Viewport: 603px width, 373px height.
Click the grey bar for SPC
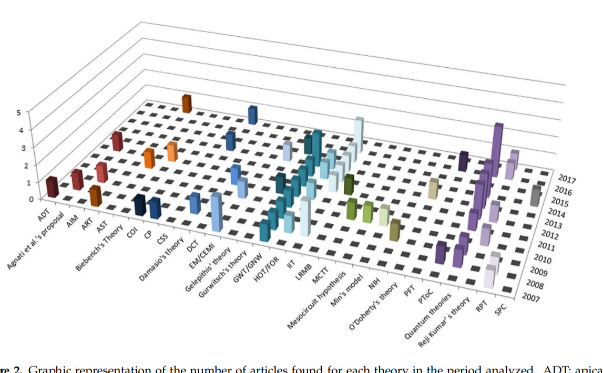[535, 196]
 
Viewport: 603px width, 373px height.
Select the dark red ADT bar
[52, 187]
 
